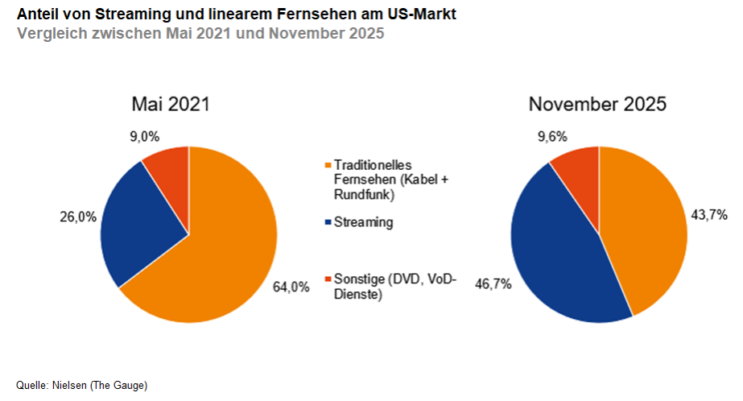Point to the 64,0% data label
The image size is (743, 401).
291,286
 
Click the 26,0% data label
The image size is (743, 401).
77,216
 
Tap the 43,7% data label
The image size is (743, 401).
709,214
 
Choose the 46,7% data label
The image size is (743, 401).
493,284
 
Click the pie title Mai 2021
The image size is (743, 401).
171,104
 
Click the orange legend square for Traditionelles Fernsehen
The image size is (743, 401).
327,165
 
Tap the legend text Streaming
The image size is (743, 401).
364,221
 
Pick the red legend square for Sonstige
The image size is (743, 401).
327,279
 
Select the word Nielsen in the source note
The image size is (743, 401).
69,385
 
